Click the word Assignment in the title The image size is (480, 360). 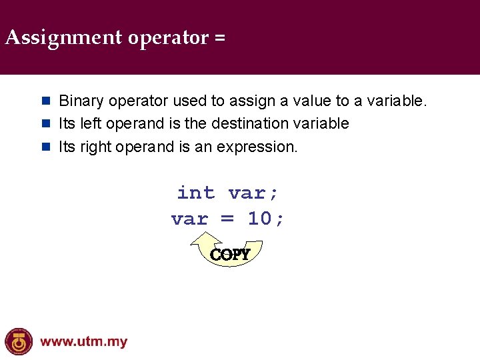click(63, 38)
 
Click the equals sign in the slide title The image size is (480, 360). click(220, 38)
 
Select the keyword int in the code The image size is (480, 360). click(196, 193)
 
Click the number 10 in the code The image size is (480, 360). click(260, 219)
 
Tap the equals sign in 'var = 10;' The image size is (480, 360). click(228, 219)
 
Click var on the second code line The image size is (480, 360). click(189, 219)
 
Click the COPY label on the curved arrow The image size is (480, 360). click(230, 255)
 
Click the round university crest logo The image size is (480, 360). click(19, 342)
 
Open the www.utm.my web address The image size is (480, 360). click(83, 343)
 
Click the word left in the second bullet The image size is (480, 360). click(91, 124)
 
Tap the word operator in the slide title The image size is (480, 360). click(168, 38)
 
